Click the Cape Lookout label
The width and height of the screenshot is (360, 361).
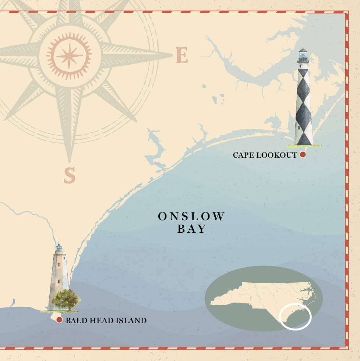click(x=265, y=155)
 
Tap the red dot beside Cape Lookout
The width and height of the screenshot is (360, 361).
click(x=303, y=155)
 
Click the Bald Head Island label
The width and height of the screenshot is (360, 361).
click(x=106, y=321)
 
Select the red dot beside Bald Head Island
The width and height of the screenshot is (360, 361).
click(x=59, y=320)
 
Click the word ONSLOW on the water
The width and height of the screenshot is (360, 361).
click(x=191, y=217)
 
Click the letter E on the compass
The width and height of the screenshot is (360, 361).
click(x=182, y=56)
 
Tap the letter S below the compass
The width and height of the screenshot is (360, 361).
click(x=69, y=175)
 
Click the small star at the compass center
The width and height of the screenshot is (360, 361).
click(x=69, y=56)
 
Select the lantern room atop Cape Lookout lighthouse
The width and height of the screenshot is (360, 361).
click(x=303, y=57)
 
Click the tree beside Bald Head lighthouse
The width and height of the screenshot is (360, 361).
click(x=66, y=299)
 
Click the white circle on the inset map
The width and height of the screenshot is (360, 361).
click(x=295, y=316)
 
